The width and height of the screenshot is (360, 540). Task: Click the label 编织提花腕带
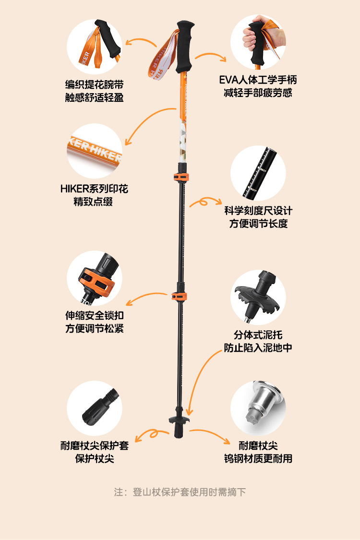95,85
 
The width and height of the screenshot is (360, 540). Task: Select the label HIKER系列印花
94,189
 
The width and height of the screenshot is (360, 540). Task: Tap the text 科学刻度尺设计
258,211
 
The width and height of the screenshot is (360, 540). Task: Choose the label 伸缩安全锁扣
95,316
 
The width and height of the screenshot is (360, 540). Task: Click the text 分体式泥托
258,335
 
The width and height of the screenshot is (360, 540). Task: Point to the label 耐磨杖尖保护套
95,445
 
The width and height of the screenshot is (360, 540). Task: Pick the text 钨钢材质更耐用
258,458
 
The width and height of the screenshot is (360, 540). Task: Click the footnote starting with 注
180,492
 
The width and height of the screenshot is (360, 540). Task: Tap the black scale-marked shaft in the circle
259,173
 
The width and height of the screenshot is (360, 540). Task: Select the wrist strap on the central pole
163,55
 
